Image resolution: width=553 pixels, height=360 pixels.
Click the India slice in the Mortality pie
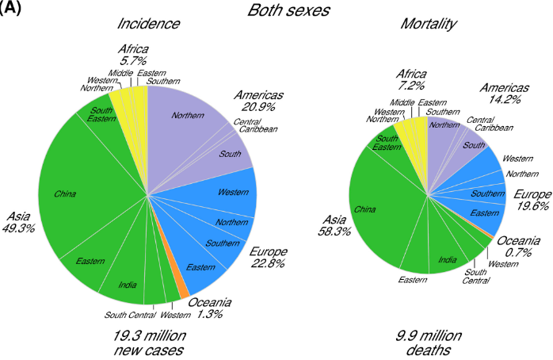pyautogui.click(x=446, y=258)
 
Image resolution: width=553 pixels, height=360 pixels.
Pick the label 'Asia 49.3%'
pyautogui.click(x=20, y=222)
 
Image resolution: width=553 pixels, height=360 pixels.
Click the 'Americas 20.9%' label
pyautogui.click(x=258, y=102)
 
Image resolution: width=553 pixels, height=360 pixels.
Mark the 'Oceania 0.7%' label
pyautogui.click(x=519, y=246)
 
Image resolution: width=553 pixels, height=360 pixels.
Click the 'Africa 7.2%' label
pyautogui.click(x=412, y=79)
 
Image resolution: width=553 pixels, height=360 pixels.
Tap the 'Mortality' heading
pyautogui.click(x=427, y=25)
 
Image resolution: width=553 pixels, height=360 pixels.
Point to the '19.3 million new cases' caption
pyautogui.click(x=148, y=343)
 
